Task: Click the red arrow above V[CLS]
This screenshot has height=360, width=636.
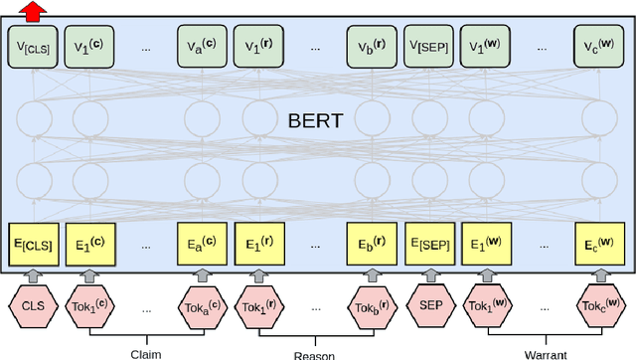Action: click(x=34, y=11)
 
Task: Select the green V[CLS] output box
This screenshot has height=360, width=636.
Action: click(x=34, y=46)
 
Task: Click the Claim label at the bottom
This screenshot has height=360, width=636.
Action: click(x=146, y=353)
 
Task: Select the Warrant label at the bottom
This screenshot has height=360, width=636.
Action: click(x=545, y=353)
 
